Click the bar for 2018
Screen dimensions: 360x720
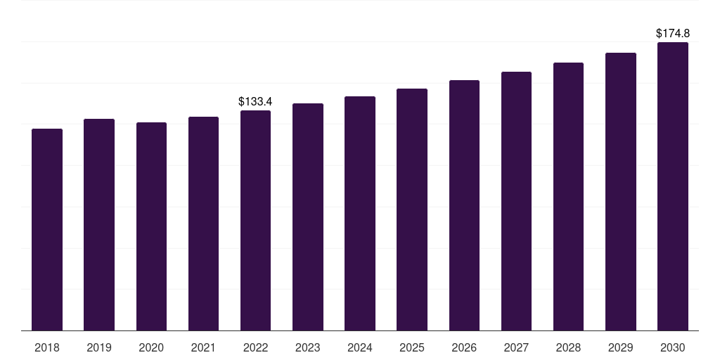(47, 229)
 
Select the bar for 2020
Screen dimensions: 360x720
(151, 226)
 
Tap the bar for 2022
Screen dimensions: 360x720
(255, 220)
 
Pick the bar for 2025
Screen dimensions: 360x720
(412, 210)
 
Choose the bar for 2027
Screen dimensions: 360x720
(516, 201)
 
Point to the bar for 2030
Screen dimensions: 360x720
(673, 186)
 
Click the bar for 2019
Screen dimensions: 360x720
(99, 224)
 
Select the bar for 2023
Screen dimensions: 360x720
(308, 217)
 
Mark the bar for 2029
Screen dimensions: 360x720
(621, 191)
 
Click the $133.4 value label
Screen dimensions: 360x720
(255, 102)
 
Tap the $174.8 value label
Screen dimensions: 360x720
(673, 33)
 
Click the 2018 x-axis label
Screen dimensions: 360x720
(47, 347)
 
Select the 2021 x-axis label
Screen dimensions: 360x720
(203, 347)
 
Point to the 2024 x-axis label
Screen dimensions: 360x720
(360, 347)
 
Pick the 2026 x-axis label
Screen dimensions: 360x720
(464, 347)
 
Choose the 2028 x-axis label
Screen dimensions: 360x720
(568, 347)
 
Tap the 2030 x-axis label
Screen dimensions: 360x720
(673, 347)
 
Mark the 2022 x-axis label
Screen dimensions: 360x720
(255, 347)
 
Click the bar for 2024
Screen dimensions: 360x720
(360, 213)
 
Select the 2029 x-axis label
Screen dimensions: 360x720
(621, 347)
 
